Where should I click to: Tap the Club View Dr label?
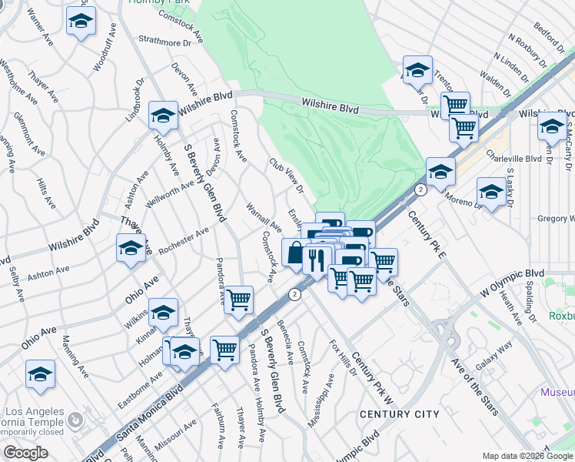click(286, 176)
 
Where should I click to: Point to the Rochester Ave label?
click(184, 242)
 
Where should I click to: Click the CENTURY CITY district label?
click(399, 414)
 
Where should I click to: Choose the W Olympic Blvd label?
click(513, 282)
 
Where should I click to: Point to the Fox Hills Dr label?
click(343, 357)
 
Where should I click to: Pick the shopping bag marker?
click(295, 253)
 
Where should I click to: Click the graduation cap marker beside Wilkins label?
click(163, 313)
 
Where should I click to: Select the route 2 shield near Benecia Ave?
click(294, 294)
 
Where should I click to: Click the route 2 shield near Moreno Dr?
click(420, 189)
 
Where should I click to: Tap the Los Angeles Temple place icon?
click(75, 420)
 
